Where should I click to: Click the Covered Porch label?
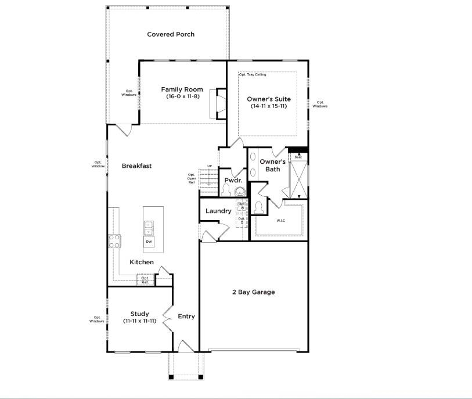(x=171, y=34)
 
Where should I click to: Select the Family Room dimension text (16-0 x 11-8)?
(x=182, y=96)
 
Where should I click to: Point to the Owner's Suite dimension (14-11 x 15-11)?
(x=268, y=106)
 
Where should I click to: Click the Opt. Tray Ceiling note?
(x=253, y=75)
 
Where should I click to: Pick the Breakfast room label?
(x=136, y=166)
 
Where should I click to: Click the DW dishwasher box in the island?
(x=149, y=242)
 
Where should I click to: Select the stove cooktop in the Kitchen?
(x=114, y=240)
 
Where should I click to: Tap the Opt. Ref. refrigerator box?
(x=145, y=280)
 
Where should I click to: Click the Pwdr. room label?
(x=233, y=181)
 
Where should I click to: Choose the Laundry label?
(x=218, y=211)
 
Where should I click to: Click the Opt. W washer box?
(x=242, y=206)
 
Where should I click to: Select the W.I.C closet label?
(x=281, y=221)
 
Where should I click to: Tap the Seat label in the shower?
(x=298, y=157)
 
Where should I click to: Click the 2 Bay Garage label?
(x=254, y=292)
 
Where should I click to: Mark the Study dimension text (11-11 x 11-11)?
(x=140, y=321)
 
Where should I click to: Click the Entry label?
(x=186, y=317)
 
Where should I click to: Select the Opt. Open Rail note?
(x=192, y=178)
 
